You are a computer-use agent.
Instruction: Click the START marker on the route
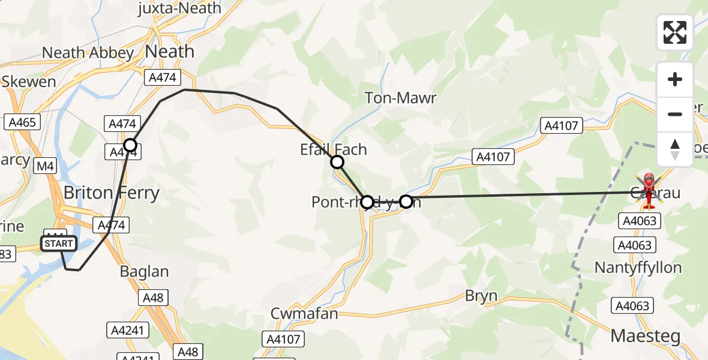pyautogui.click(x=58, y=243)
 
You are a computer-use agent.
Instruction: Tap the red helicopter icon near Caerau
pyautogui.click(x=649, y=190)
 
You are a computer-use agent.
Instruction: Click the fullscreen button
pyautogui.click(x=674, y=32)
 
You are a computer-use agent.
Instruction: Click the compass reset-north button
pyautogui.click(x=674, y=149)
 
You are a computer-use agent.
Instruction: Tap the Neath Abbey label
pyautogui.click(x=88, y=53)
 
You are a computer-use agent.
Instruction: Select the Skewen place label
pyautogui.click(x=28, y=82)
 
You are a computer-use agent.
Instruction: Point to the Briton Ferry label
pyautogui.click(x=112, y=193)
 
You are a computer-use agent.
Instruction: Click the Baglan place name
pyautogui.click(x=144, y=271)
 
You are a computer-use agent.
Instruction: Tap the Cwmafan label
pyautogui.click(x=304, y=314)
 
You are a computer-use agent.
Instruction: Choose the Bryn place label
pyautogui.click(x=481, y=296)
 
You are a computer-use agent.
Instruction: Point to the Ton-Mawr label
pyautogui.click(x=400, y=98)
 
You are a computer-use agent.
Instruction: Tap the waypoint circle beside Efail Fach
pyautogui.click(x=337, y=162)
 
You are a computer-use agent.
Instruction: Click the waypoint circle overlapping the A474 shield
pyautogui.click(x=130, y=145)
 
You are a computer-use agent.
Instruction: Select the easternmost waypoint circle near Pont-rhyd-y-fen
pyautogui.click(x=406, y=202)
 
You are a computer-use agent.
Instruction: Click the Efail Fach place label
pyautogui.click(x=333, y=149)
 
